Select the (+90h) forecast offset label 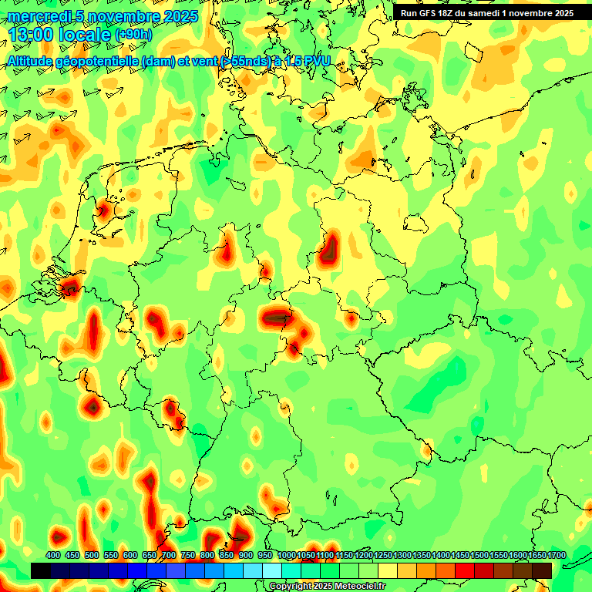pyautogui.click(x=133, y=35)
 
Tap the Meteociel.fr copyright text pyautogui.click(x=328, y=587)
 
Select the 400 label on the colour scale pyautogui.click(x=53, y=555)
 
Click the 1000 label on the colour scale pyautogui.click(x=286, y=555)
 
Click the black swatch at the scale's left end pyautogui.click(x=41, y=570)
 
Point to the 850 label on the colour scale pyautogui.click(x=227, y=555)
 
